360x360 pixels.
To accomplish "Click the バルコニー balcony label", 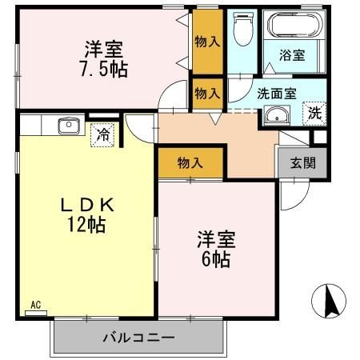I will pos(138,337).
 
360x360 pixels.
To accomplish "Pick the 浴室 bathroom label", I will pos(292,56).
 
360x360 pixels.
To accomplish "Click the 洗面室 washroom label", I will pos(277,93).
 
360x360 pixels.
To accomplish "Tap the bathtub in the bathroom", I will pos(294,26).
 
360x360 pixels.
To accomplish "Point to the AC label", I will pos(35,305).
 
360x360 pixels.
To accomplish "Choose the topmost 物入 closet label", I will pos(208,40).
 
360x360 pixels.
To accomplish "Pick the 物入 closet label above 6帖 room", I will pos(190,163).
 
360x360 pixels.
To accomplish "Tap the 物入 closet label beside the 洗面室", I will pos(208,93).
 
